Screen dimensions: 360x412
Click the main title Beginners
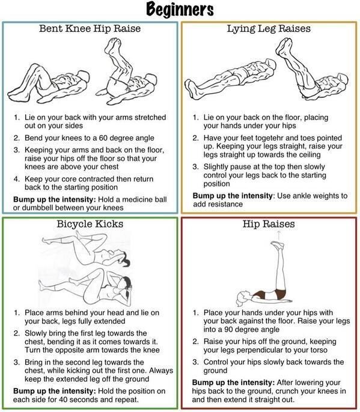click(x=180, y=10)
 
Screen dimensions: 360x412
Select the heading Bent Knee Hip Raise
click(x=90, y=28)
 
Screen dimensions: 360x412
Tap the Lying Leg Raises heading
click(x=269, y=29)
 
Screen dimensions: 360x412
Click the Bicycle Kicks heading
click(x=90, y=224)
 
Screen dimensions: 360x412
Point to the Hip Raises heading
click(x=269, y=224)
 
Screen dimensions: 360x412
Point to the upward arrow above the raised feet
click(x=279, y=236)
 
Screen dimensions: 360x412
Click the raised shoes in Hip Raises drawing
click(x=278, y=245)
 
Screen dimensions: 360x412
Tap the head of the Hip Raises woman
click(x=242, y=298)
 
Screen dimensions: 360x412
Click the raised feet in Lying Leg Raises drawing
click(x=284, y=46)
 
